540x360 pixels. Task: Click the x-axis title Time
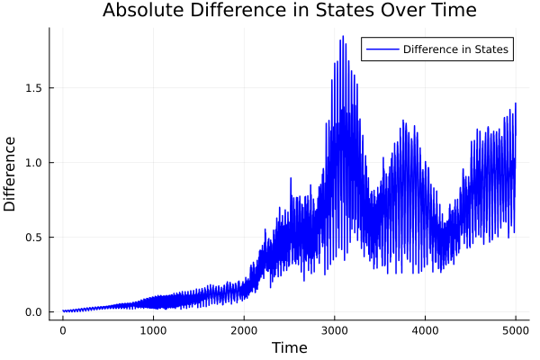coord(289,347)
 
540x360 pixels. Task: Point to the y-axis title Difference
coord(11,174)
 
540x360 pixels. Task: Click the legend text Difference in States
coord(455,49)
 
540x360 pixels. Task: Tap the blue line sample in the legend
coord(381,49)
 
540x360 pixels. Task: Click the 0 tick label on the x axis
coord(63,329)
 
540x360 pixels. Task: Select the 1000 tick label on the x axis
coord(153,329)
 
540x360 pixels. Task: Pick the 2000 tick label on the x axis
coord(244,329)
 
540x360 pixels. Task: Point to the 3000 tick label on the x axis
coord(334,329)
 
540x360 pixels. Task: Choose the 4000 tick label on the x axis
coord(425,329)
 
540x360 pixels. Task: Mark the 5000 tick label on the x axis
coord(515,329)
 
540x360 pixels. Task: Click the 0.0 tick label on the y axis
coord(32,312)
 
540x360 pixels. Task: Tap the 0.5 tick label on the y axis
coord(32,238)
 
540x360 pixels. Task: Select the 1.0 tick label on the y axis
coord(32,163)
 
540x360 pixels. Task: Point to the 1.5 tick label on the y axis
coord(32,88)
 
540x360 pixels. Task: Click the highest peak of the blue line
coord(343,37)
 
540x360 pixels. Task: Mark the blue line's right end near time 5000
coord(516,104)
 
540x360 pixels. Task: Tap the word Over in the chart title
coord(403,11)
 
